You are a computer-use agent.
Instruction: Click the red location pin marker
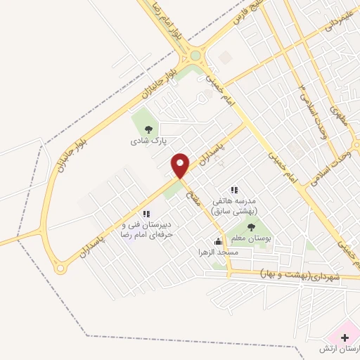[x=181, y=165]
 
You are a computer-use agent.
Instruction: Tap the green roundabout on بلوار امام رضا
[x=195, y=55]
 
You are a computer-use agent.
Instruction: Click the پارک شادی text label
[x=148, y=141]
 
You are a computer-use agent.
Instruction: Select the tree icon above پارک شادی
[x=148, y=129]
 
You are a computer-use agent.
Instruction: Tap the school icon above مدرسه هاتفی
[x=235, y=190]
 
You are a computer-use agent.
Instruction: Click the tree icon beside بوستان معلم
[x=251, y=226]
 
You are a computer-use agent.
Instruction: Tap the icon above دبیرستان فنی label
[x=146, y=213]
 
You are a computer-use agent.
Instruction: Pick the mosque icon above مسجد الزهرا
[x=218, y=241]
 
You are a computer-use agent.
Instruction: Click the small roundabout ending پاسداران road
[x=61, y=267]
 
